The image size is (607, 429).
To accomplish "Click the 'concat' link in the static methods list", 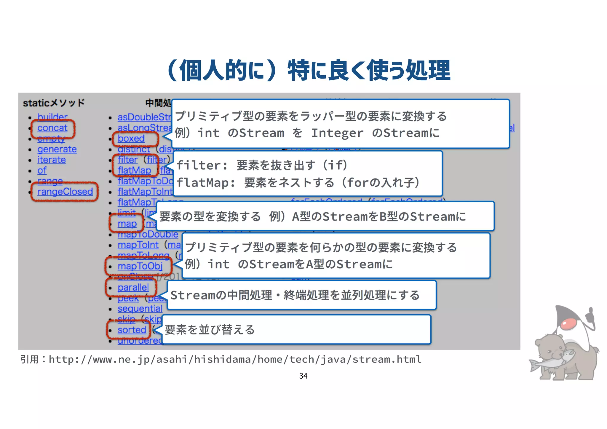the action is [52, 128].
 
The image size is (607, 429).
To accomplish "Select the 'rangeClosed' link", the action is [65, 192].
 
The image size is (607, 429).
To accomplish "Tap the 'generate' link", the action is [57, 149].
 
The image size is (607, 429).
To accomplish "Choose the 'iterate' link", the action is [52, 160].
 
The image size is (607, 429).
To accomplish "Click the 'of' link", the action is [42, 170].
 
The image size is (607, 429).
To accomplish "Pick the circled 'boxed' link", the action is [131, 138].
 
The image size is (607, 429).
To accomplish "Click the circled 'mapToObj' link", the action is [140, 266].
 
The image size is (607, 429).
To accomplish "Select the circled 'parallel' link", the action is [133, 288].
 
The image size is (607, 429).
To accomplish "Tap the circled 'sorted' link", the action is [132, 330].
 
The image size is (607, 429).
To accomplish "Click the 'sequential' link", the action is [140, 309].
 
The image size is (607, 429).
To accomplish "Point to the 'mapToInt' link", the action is [138, 245].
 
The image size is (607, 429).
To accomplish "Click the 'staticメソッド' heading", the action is [54, 103].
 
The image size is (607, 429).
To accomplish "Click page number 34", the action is [303, 376].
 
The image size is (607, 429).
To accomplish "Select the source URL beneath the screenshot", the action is [235, 360].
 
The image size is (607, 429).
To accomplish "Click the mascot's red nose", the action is [568, 324].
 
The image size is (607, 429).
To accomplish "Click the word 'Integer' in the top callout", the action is [337, 133].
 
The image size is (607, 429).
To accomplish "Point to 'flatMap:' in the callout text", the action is [206, 183].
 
